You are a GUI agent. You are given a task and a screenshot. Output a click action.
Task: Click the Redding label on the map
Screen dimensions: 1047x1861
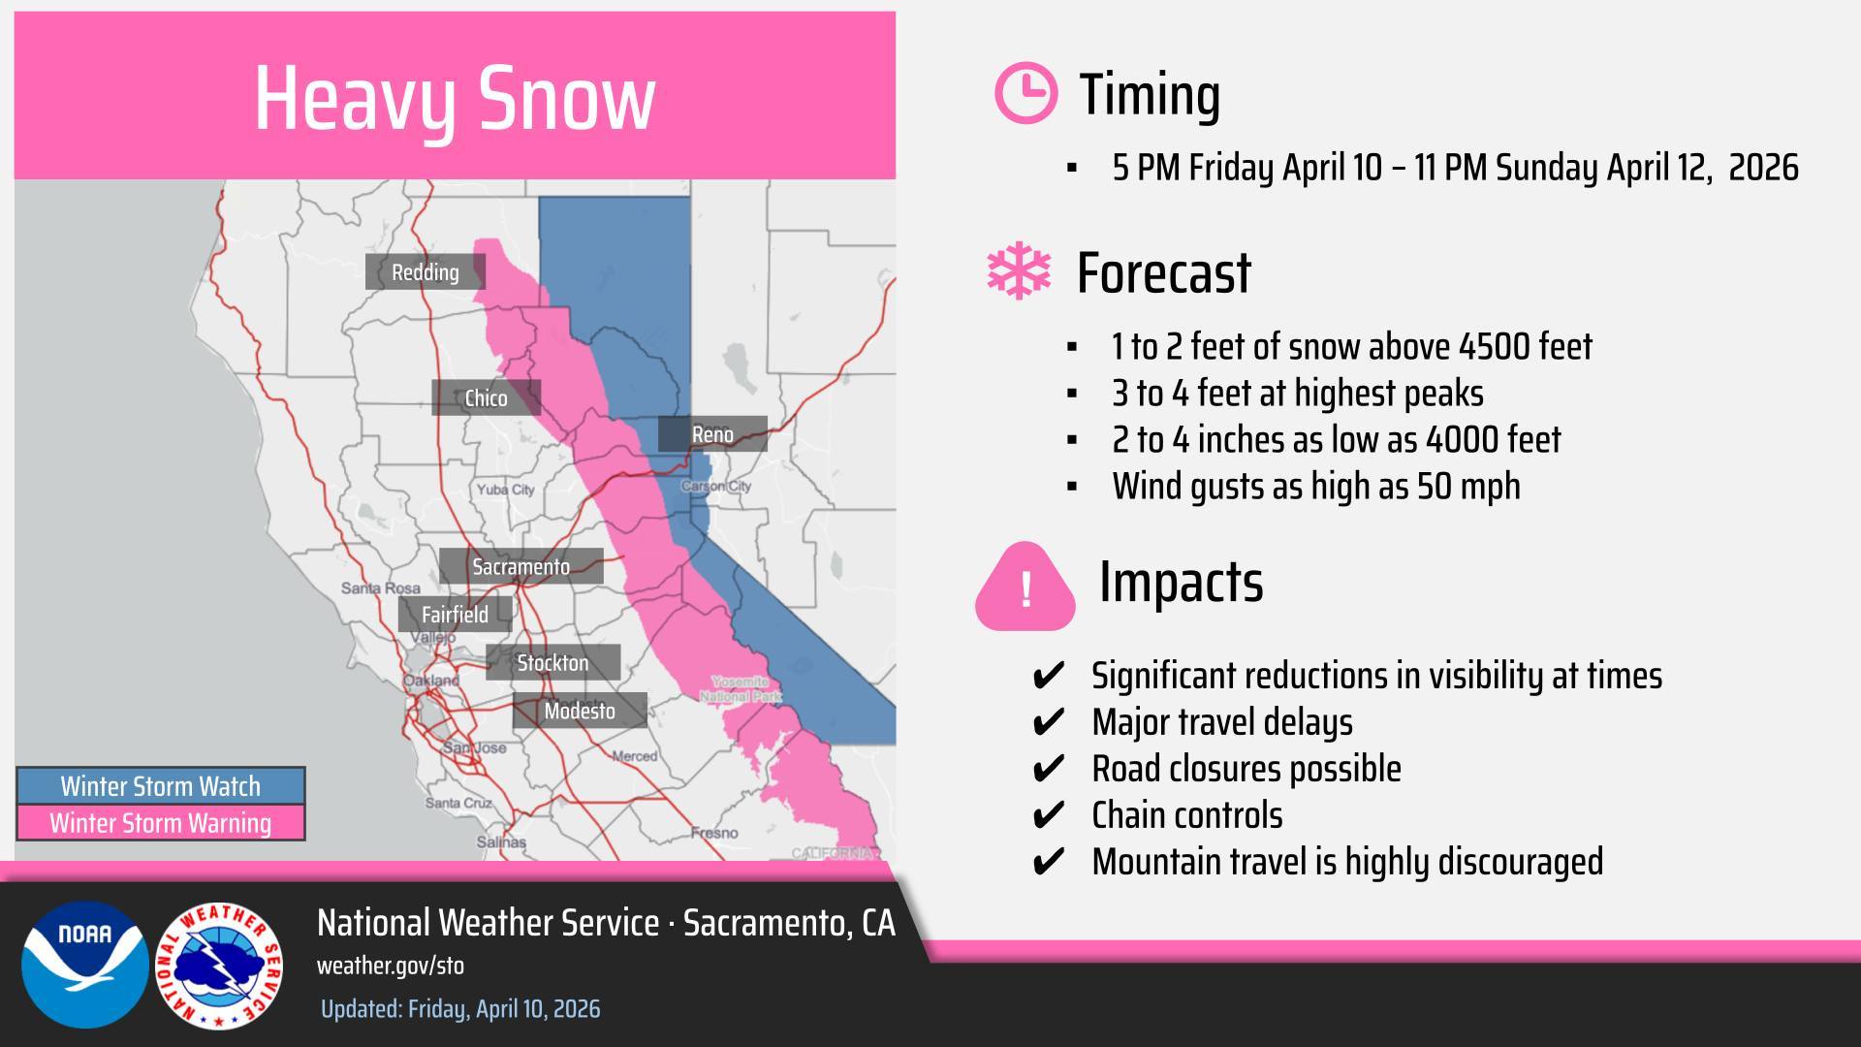pyautogui.click(x=425, y=272)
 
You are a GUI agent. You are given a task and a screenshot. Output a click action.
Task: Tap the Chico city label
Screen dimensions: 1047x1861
pyautogui.click(x=486, y=398)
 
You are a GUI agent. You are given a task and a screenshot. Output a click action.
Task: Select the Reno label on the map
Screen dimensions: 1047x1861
pyautogui.click(x=712, y=434)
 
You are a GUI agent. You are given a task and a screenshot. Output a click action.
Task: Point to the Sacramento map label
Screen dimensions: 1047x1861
pyautogui.click(x=520, y=566)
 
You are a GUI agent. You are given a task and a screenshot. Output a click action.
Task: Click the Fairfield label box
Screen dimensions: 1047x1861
pyautogui.click(x=455, y=615)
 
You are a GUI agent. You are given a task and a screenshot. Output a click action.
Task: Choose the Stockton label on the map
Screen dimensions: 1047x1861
pyautogui.click(x=552, y=663)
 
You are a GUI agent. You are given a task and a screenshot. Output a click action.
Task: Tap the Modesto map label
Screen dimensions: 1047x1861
pyautogui.click(x=580, y=711)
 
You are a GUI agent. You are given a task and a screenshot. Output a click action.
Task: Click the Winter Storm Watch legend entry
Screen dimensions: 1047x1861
pyautogui.click(x=160, y=786)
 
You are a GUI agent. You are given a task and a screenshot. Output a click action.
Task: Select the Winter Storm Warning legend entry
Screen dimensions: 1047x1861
pyautogui.click(x=160, y=823)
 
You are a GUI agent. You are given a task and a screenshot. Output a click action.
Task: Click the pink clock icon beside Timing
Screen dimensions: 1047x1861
pyautogui.click(x=1025, y=94)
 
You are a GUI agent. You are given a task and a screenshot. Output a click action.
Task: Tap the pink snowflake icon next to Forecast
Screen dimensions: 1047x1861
pyautogui.click(x=1019, y=272)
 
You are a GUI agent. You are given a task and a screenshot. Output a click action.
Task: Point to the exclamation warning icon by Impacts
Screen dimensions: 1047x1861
pyautogui.click(x=1025, y=587)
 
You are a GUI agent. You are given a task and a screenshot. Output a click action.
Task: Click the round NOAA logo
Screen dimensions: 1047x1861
pyautogui.click(x=85, y=965)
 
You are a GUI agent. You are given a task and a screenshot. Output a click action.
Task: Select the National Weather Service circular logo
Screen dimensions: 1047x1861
pyautogui.click(x=219, y=967)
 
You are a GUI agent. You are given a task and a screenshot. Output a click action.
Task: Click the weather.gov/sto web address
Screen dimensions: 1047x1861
pyautogui.click(x=391, y=966)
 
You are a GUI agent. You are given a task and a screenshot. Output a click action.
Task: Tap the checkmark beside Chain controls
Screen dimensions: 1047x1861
pyautogui.click(x=1049, y=815)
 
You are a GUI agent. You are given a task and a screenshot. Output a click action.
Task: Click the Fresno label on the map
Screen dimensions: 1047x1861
pyautogui.click(x=714, y=833)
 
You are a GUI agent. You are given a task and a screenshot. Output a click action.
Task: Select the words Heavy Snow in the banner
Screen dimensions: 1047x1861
pyautogui.click(x=455, y=98)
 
